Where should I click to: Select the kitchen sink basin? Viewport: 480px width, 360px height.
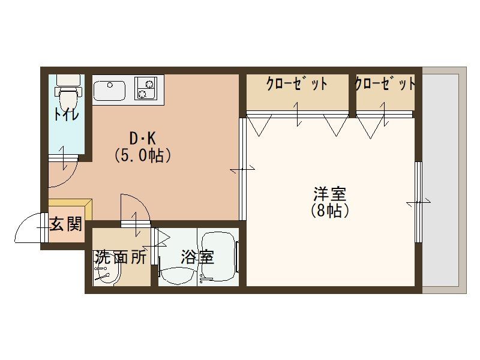coord(110,90)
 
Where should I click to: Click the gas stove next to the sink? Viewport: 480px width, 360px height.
coord(145,88)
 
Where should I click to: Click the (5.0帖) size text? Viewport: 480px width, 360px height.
coord(143,156)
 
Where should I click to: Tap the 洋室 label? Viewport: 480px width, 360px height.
coord(329,194)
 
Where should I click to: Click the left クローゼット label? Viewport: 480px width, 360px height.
coord(297,84)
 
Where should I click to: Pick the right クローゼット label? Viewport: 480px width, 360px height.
coord(385,84)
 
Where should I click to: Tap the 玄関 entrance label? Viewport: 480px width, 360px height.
coord(65,224)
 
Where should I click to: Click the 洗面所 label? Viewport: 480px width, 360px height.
coord(120,257)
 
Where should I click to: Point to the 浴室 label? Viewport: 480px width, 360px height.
coord(197,257)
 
